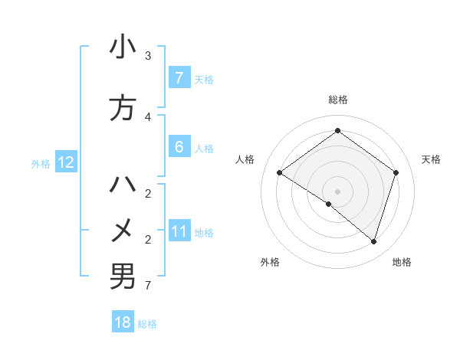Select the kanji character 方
coord(123,109)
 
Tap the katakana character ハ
coord(123,185)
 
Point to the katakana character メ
coord(123,230)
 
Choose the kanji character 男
coord(123,276)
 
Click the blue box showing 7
coord(179,78)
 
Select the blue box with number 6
coord(179,147)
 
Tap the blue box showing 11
coord(179,231)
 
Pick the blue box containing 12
coord(65,162)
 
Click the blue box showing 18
coord(123,322)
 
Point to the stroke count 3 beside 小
coord(148,56)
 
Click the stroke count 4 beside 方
coord(148,116)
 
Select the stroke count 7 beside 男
coord(148,286)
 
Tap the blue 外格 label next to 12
coord(41,163)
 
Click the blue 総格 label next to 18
coord(147,323)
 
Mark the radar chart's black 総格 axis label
coord(337,100)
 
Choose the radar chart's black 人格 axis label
coord(245,159)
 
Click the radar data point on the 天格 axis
coord(396,172)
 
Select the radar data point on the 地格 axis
coord(373,241)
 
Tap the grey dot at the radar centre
coord(337,191)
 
